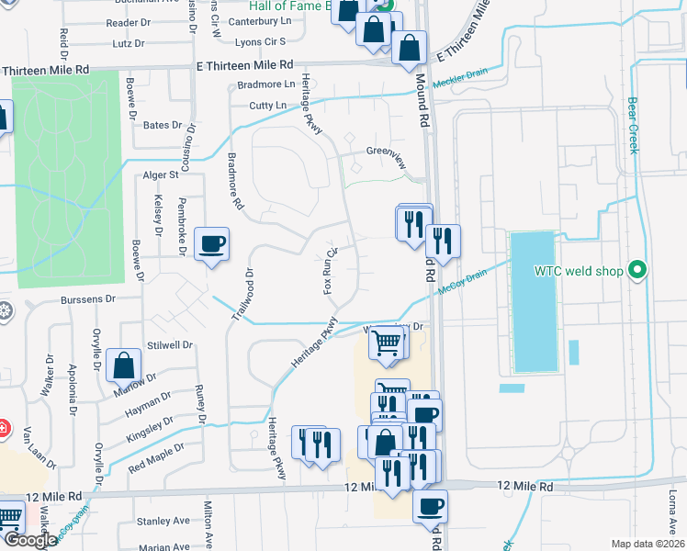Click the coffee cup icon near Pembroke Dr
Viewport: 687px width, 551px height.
pos(212,244)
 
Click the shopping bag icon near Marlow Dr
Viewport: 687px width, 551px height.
pos(123,365)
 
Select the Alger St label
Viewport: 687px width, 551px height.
pos(159,174)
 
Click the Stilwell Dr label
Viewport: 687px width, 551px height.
pos(169,346)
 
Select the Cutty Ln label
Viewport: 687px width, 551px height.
pos(267,107)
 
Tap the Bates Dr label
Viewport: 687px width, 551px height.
pos(163,125)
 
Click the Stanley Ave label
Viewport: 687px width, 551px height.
pos(161,522)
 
